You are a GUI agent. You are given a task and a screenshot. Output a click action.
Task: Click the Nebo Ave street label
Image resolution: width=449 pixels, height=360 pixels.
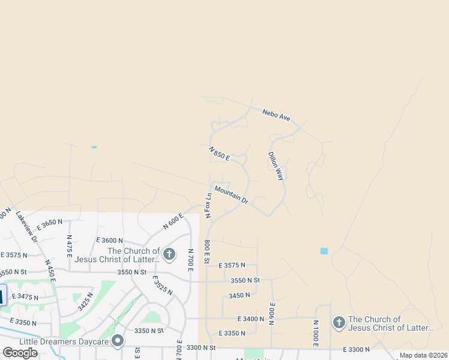[x=276, y=115]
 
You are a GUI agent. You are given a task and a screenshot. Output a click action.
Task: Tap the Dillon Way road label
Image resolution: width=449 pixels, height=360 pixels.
[x=276, y=166]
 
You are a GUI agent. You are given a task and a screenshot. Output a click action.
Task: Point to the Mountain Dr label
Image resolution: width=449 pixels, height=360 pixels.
[x=231, y=195]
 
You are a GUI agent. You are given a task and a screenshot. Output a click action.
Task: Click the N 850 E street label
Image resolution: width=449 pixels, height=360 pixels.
[x=220, y=154]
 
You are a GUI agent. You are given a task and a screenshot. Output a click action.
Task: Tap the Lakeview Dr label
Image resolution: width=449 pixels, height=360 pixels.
[x=27, y=226]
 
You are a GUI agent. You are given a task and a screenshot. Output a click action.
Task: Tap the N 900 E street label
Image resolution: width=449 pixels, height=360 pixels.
[x=271, y=313]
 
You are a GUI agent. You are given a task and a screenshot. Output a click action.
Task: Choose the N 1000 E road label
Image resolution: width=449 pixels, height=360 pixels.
[x=315, y=332]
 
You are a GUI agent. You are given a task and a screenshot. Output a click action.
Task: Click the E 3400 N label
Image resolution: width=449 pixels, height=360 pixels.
[x=250, y=319]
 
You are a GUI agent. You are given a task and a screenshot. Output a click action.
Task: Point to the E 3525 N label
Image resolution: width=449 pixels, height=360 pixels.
[x=163, y=286]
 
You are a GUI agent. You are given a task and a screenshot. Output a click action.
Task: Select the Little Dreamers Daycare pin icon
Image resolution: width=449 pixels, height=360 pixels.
[x=118, y=341]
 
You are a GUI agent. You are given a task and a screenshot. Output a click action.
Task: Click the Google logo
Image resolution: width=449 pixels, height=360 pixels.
[x=20, y=352]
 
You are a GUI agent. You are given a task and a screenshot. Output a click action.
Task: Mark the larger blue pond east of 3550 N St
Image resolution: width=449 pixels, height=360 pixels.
[x=325, y=251]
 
